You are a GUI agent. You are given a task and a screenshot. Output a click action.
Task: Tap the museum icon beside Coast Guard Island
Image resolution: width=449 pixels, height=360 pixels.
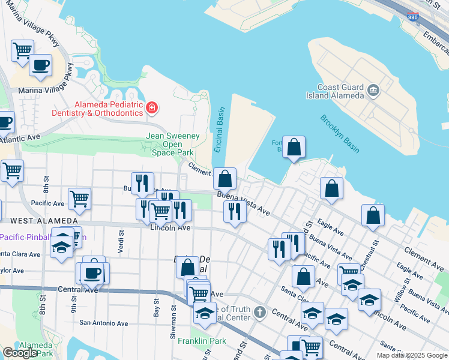tap(374, 91)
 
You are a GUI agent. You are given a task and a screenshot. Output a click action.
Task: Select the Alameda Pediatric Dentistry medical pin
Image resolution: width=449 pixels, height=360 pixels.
tap(151, 108)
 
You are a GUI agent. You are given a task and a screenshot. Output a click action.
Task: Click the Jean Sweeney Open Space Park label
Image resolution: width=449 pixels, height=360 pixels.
tap(173, 144)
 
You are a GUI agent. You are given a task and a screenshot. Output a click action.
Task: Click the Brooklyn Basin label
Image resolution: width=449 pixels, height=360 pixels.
tap(340, 134)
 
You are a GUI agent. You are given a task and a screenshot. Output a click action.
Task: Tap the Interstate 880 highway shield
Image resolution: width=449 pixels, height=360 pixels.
tap(413, 19)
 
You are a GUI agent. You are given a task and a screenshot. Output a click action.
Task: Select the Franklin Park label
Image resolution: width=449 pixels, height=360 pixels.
tap(197, 341)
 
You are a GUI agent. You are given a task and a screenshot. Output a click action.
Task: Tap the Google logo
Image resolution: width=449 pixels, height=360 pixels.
tap(20, 353)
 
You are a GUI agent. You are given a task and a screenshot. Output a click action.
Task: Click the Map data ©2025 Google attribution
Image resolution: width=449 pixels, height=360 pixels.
tap(412, 355)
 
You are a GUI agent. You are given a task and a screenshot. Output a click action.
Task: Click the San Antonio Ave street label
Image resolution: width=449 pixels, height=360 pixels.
tap(104, 323)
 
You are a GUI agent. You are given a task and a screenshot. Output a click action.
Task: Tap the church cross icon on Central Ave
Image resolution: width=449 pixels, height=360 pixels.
tap(259, 312)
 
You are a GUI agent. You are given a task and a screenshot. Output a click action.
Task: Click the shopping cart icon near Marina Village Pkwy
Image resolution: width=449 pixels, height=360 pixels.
tap(22, 49)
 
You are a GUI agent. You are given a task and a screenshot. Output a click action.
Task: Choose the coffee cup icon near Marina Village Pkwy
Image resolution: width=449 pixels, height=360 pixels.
tap(40, 64)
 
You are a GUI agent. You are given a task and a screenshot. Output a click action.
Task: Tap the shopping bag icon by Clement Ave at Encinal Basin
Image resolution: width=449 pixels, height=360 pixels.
tap(224, 178)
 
